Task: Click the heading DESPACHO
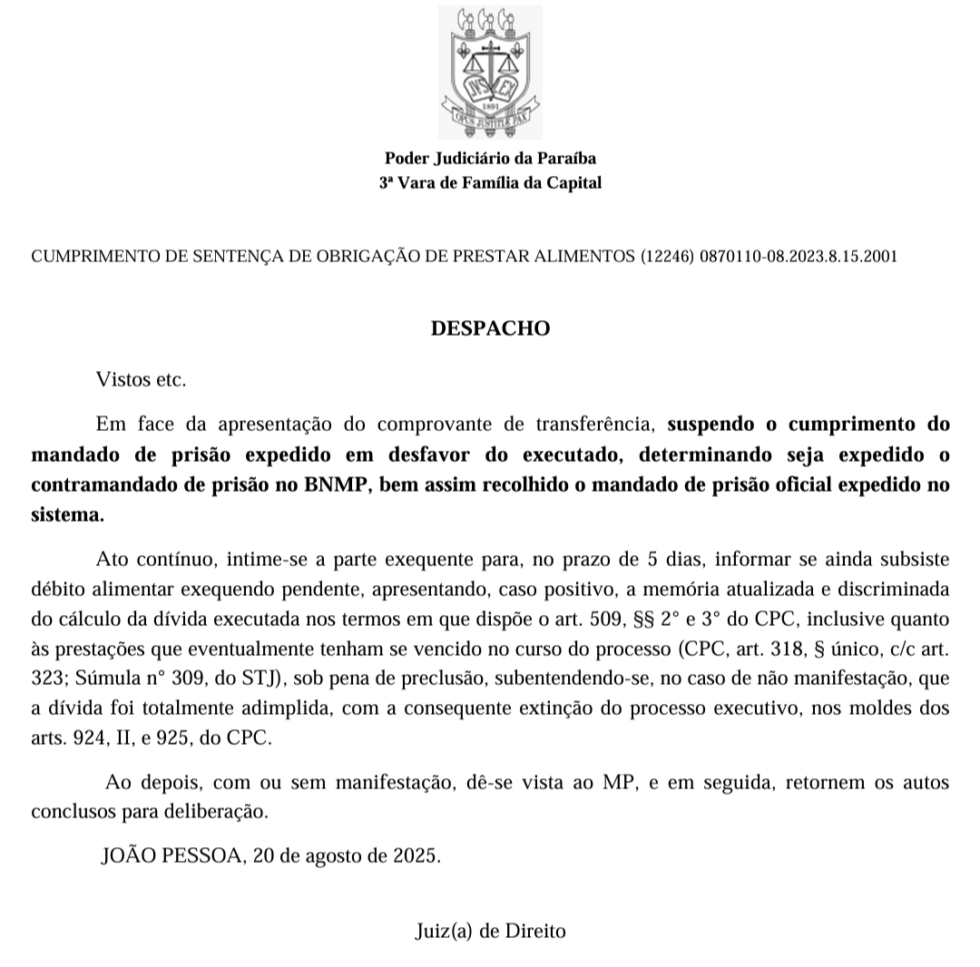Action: [x=490, y=327]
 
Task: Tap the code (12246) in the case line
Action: [x=668, y=257]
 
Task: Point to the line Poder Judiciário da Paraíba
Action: [x=490, y=158]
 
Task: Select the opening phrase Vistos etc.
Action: [x=141, y=379]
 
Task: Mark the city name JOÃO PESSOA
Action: [x=171, y=855]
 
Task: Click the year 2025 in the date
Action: [x=416, y=855]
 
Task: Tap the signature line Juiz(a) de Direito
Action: [x=490, y=931]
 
